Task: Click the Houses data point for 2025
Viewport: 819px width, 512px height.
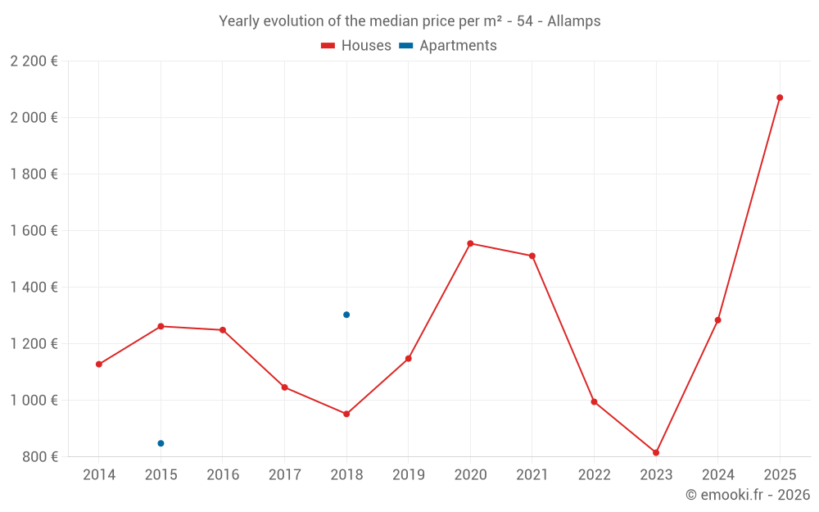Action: tap(780, 97)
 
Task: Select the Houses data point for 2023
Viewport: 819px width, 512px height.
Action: tap(656, 452)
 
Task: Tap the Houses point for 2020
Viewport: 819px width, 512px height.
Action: tap(470, 243)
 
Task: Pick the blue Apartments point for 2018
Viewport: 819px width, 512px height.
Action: tap(346, 315)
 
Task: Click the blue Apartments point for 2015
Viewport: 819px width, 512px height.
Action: tap(161, 443)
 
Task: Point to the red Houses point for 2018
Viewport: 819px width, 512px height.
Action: tap(346, 414)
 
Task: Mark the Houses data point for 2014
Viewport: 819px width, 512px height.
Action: tap(99, 364)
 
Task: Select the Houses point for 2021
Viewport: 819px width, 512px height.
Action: tap(532, 256)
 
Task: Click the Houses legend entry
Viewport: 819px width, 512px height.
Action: tap(356, 46)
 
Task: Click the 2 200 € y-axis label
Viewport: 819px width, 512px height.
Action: tap(34, 61)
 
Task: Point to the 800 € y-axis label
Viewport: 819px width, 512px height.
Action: tap(40, 457)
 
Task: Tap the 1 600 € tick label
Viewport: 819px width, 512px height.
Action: tap(34, 231)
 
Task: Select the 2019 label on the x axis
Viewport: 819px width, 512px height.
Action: tap(409, 475)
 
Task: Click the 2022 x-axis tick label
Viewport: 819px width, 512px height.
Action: tap(595, 475)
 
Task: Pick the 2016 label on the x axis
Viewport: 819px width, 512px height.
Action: tap(223, 475)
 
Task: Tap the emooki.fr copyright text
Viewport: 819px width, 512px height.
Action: tap(747, 495)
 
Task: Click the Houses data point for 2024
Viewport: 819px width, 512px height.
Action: tap(718, 319)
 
